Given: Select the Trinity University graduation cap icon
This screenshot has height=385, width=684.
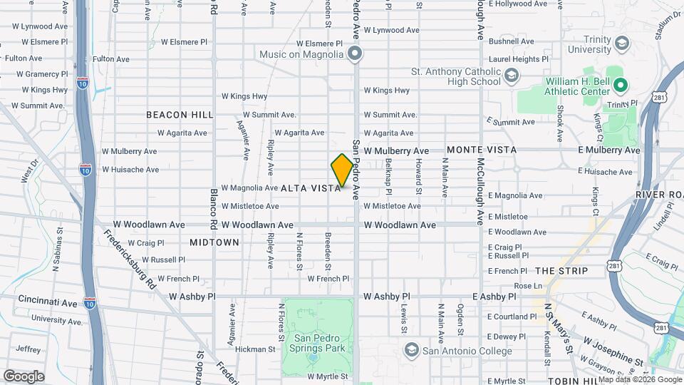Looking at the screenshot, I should pos(622,43).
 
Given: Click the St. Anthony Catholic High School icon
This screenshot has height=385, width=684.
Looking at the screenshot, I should pos(511,75).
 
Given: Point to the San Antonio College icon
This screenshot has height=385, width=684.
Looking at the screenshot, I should pos(410,350).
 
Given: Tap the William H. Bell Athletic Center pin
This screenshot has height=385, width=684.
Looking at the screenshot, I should pos(620,86).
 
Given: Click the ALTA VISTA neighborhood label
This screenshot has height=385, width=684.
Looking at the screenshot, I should pos(311,188).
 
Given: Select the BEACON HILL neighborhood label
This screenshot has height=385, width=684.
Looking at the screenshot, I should pos(180,114).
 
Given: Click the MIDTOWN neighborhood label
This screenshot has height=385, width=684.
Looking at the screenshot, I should pos(214,242).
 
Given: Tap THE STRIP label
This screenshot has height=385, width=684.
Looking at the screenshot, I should pos(561,271).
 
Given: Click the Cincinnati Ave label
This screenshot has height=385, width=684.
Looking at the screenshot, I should pos(48,302).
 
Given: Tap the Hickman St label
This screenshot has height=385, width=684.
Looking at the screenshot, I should pos(255,349).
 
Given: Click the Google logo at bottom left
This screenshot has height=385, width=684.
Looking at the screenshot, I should pos(24,376).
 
